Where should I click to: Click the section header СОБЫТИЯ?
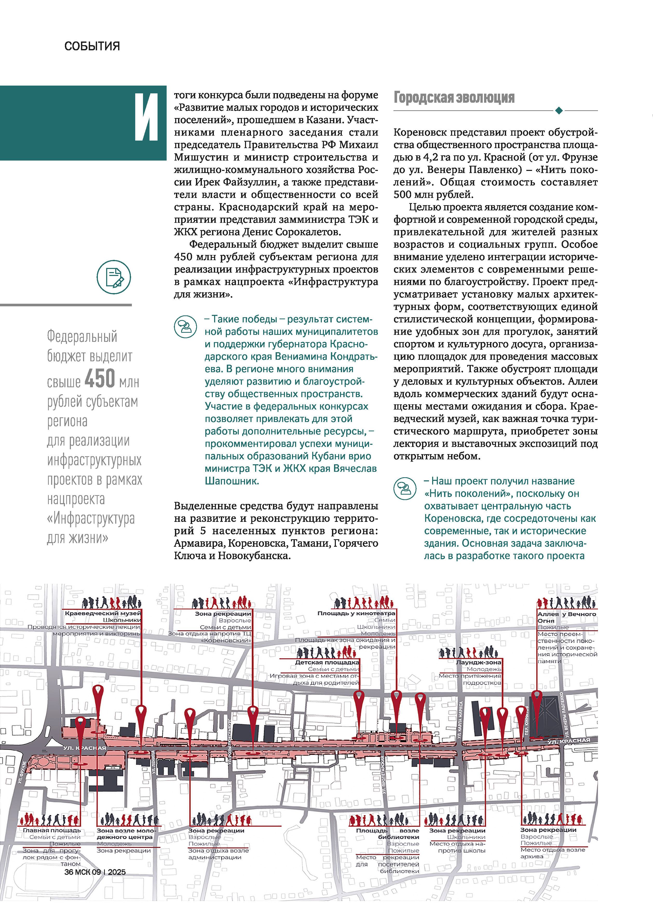[92, 46]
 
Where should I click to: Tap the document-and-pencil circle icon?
[114, 277]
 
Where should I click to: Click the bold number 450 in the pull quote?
[100, 378]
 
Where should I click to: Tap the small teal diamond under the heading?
[559, 110]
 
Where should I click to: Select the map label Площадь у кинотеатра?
[356, 613]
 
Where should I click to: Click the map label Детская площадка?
[327, 662]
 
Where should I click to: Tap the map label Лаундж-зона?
[479, 662]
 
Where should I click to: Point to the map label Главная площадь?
[52, 830]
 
